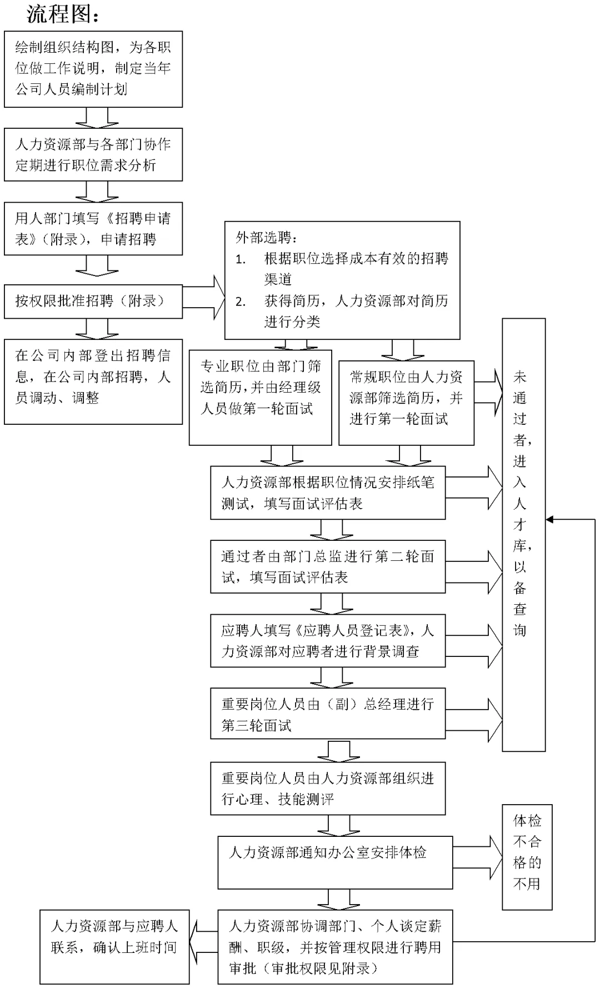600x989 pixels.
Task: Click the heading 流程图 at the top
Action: coord(62,14)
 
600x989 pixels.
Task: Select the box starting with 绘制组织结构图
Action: coord(93,68)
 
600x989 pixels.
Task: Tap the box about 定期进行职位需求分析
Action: coord(93,155)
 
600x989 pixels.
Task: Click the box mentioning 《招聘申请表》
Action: coord(93,229)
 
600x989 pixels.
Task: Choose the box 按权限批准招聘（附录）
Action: coord(93,302)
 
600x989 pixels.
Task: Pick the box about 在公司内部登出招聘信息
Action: coord(93,381)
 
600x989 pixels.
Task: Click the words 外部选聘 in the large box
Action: coord(266,238)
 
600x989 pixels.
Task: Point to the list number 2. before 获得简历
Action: coord(241,302)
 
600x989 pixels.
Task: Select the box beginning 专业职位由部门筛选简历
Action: coord(260,397)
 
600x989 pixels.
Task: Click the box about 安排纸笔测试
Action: coord(328,493)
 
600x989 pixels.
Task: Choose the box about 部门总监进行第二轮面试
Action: coord(328,567)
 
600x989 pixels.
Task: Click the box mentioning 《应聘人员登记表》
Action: coord(328,641)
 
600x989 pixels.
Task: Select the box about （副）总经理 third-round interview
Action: coord(328,714)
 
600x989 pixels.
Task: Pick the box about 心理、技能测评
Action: coord(328,789)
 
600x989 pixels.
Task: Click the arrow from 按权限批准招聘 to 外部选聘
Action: coord(204,298)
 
